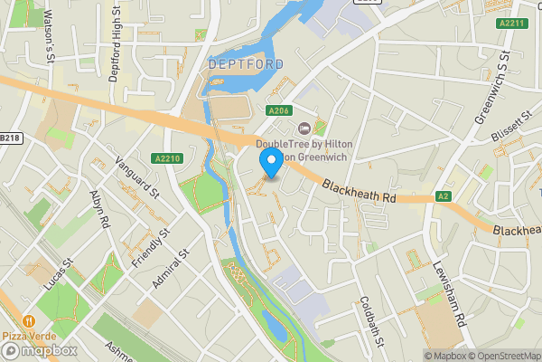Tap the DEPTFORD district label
[245, 64]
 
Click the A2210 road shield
[168, 158]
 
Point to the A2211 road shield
[511, 24]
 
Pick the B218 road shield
[9, 138]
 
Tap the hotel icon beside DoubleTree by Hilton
[303, 128]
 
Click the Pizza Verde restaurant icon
[30, 321]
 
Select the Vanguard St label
[137, 179]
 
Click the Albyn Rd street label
[99, 209]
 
